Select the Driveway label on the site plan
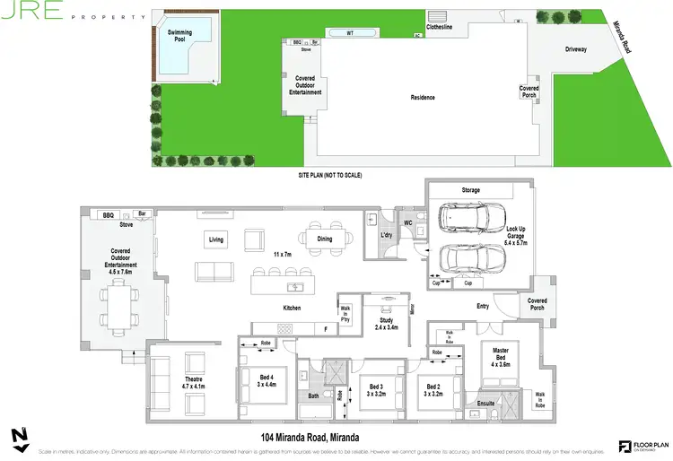(x=576, y=49)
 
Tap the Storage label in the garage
(x=471, y=190)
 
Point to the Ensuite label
(x=486, y=404)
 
